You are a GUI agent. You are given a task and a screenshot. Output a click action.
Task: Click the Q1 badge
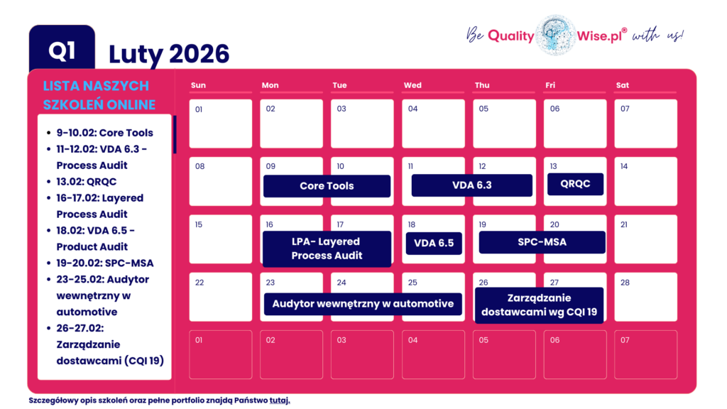[62, 50]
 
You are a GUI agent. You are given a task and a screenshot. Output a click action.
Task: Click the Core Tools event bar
[327, 186]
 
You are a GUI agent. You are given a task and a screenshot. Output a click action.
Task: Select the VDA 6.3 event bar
[472, 185]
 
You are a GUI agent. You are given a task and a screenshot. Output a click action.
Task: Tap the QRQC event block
[575, 184]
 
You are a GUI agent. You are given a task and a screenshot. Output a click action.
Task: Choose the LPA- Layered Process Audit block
[327, 249]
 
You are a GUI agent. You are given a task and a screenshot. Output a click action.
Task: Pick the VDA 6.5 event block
[434, 243]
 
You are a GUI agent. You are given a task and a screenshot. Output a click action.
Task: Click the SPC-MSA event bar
[542, 242]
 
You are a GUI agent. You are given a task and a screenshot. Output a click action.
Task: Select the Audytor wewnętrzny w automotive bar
[363, 304]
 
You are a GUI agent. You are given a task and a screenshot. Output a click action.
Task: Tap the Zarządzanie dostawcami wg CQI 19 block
[539, 305]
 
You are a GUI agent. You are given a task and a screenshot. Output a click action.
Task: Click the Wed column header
[412, 85]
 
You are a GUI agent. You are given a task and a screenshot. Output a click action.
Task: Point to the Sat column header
[623, 85]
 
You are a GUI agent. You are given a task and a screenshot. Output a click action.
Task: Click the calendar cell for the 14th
[645, 181]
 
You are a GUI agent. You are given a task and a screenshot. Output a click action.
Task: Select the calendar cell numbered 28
[645, 296]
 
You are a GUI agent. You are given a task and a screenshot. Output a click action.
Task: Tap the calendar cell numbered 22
[221, 296]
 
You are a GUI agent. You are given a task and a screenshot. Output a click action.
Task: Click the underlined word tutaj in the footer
[280, 400]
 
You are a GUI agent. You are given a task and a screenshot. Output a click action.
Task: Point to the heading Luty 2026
[169, 54]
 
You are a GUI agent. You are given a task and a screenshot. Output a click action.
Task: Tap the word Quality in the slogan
[510, 36]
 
